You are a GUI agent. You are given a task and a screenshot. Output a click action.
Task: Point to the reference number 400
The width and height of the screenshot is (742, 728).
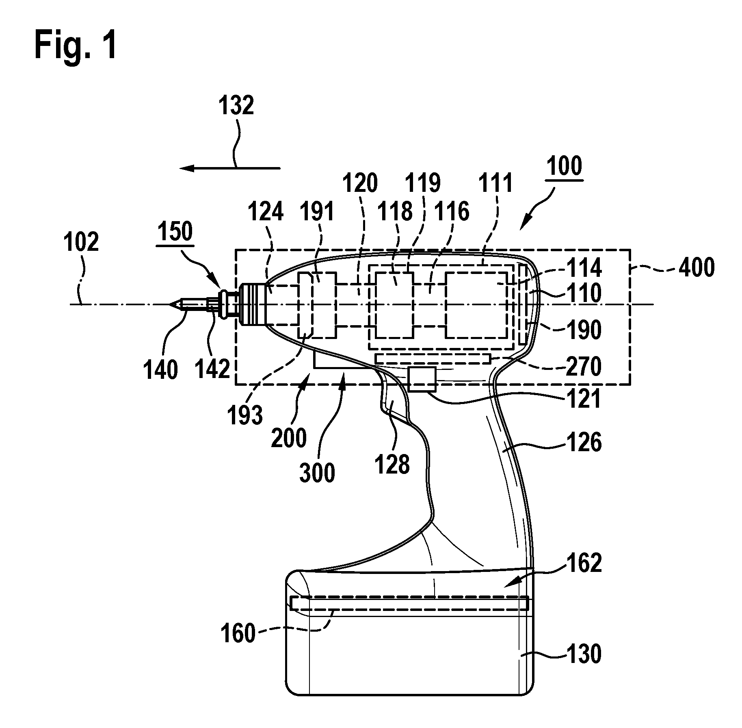click(x=696, y=269)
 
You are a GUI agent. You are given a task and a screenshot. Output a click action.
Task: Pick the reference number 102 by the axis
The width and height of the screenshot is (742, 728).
click(x=81, y=242)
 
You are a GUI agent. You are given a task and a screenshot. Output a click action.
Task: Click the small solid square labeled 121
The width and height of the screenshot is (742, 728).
click(x=422, y=379)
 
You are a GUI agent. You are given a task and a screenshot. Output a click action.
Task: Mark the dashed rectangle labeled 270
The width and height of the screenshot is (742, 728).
click(x=433, y=359)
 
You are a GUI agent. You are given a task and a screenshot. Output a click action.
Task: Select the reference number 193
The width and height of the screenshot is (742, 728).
click(x=245, y=415)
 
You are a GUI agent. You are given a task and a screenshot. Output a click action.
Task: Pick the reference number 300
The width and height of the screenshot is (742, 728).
click(x=317, y=473)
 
